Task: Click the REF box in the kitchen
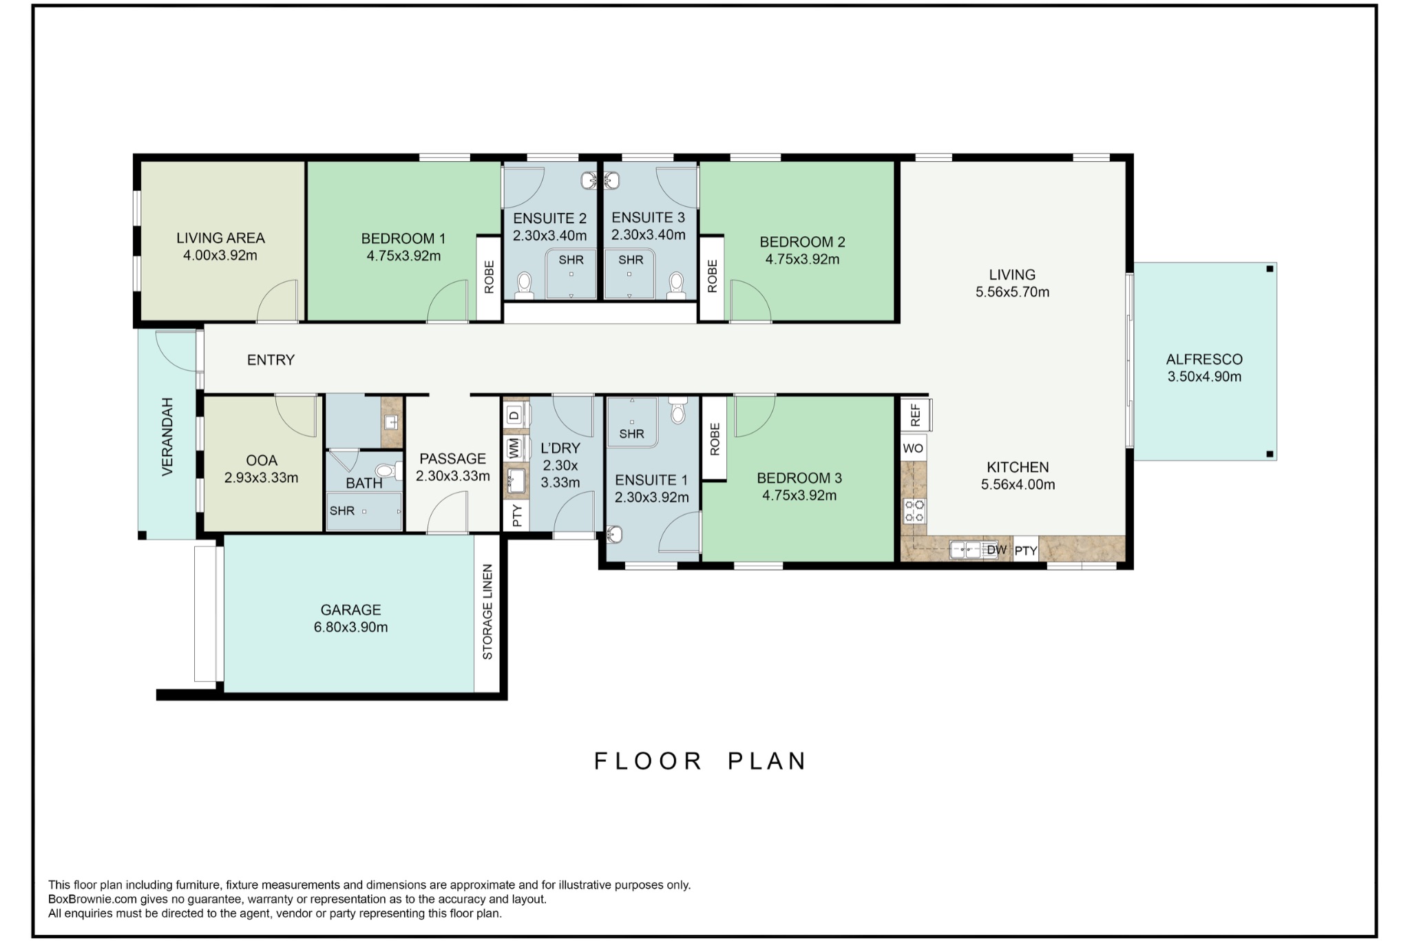point(915,415)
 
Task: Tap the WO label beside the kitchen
point(913,448)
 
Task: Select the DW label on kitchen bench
point(996,550)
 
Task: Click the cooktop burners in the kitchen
point(914,511)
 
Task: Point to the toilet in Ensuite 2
point(525,284)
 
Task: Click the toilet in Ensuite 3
point(676,284)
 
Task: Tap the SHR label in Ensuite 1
point(631,434)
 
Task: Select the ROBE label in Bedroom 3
point(715,439)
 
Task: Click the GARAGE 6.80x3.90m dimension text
point(350,627)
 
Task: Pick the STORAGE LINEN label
point(487,612)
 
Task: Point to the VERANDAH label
point(167,436)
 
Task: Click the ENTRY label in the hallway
point(271,360)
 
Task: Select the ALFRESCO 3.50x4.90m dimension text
point(1204,377)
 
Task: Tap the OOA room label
point(262,460)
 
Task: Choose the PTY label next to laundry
point(517,515)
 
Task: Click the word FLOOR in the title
point(648,761)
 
